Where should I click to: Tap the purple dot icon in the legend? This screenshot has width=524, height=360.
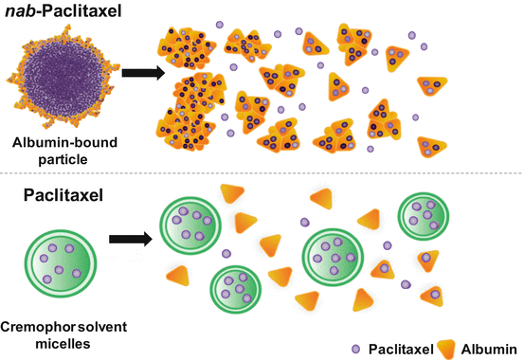coord(356,347)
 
